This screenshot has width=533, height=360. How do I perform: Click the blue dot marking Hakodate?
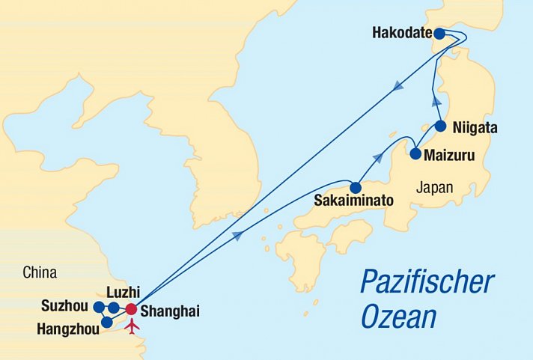click(440, 34)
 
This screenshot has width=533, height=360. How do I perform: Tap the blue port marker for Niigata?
click(441, 126)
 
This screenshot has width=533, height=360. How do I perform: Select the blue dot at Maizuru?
click(415, 155)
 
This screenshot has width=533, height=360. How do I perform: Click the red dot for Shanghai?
click(131, 308)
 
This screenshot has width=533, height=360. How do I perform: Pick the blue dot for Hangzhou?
click(107, 323)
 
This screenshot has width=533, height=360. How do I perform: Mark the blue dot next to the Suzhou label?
click(99, 307)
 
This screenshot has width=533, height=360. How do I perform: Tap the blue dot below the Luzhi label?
click(113, 308)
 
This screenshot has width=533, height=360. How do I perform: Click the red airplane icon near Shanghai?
click(133, 326)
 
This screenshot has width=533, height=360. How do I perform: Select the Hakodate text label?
click(401, 33)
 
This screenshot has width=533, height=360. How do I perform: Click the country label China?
click(40, 273)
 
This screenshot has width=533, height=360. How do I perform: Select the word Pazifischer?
click(427, 283)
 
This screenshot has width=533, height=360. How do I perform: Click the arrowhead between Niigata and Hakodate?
click(436, 100)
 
